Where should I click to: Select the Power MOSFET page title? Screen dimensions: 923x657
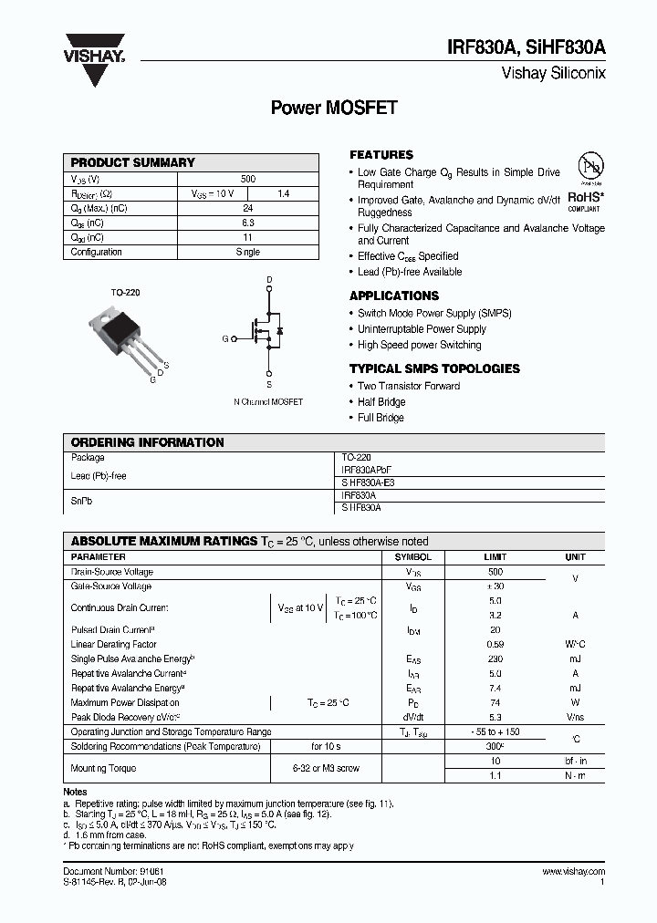[x=334, y=108]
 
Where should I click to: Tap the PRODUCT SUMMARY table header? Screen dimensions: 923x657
[x=133, y=162]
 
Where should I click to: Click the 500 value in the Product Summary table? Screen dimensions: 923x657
[x=247, y=180]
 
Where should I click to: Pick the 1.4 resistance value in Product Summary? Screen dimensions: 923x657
[x=283, y=194]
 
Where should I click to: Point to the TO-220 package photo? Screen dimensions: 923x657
[x=125, y=337]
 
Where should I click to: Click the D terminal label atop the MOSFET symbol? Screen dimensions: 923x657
[x=269, y=279]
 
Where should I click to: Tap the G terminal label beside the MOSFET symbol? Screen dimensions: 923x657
[x=224, y=338]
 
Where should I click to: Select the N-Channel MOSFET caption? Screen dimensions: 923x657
[x=268, y=401]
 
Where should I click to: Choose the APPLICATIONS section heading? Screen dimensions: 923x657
[x=394, y=296]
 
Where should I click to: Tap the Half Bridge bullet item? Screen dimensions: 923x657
[x=381, y=402]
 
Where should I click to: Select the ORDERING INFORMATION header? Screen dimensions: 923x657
[x=147, y=442]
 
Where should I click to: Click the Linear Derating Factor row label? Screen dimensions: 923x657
[x=114, y=644]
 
